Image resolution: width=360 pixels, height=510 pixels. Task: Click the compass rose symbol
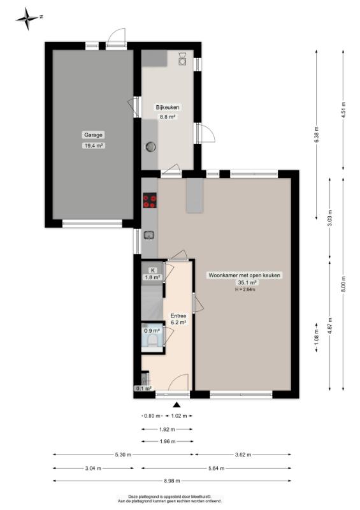[x=27, y=18]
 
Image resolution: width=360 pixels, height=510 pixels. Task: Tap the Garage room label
[x=93, y=135]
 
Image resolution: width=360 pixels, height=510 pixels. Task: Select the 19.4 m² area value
[x=94, y=146]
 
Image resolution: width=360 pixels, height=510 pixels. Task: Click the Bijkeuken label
[x=167, y=107]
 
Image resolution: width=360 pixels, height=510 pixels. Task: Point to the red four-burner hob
[x=150, y=200]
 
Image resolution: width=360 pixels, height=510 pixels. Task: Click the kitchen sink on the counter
[x=149, y=235]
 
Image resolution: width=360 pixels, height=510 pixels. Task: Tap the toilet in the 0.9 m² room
[x=152, y=340]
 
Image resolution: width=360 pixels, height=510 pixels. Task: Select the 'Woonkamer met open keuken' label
[x=244, y=275]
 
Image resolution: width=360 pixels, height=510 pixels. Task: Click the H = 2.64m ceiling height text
[x=245, y=289]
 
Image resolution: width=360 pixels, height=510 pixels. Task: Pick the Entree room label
[x=178, y=316]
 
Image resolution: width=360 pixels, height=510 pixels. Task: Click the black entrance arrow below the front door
[x=176, y=404]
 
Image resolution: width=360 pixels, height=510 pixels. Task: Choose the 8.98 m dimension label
[x=172, y=481]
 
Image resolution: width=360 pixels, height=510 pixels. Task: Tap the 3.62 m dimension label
[x=243, y=455]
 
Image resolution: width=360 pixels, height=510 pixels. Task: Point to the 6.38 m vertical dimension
[x=317, y=135]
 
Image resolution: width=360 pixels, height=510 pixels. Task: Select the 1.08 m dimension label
[x=317, y=337]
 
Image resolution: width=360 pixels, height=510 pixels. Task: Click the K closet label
[x=152, y=270]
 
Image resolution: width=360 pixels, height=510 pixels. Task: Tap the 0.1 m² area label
[x=143, y=388]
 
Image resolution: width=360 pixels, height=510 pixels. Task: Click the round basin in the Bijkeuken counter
[x=150, y=147]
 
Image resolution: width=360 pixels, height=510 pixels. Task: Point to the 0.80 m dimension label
[x=152, y=416]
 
